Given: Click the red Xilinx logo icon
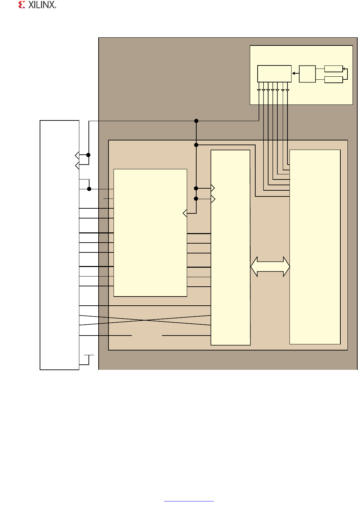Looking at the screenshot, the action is pos(22,5).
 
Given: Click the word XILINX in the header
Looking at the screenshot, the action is pos(42,5).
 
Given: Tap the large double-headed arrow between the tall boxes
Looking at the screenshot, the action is pos(270,266).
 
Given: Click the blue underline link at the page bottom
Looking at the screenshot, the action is pos(189,501).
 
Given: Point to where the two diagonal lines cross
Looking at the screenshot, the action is pos(145,320).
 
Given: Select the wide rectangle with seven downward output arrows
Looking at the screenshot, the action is pos(274,74).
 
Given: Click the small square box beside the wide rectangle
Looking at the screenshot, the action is pos(307,74).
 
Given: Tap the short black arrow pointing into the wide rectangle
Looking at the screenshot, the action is pos(296,73).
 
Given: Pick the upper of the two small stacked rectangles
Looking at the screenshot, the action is pos(334,69).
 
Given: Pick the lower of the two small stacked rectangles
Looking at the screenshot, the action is pos(334,80).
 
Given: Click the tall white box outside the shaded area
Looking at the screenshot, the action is pos(59,245).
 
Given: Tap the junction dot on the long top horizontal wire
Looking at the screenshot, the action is pos(196,121).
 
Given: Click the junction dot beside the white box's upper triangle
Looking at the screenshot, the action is pos(88,155).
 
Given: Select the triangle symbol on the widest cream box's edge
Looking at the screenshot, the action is pos(185,213).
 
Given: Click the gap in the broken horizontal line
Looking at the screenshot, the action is pos(147,336).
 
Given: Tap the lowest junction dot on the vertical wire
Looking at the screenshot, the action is pos(196,199).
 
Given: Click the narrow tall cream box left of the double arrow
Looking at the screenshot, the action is pos(231,248).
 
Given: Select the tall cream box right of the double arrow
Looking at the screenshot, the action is pos(315,247).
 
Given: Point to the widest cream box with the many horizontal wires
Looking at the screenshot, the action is pos(150,233).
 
